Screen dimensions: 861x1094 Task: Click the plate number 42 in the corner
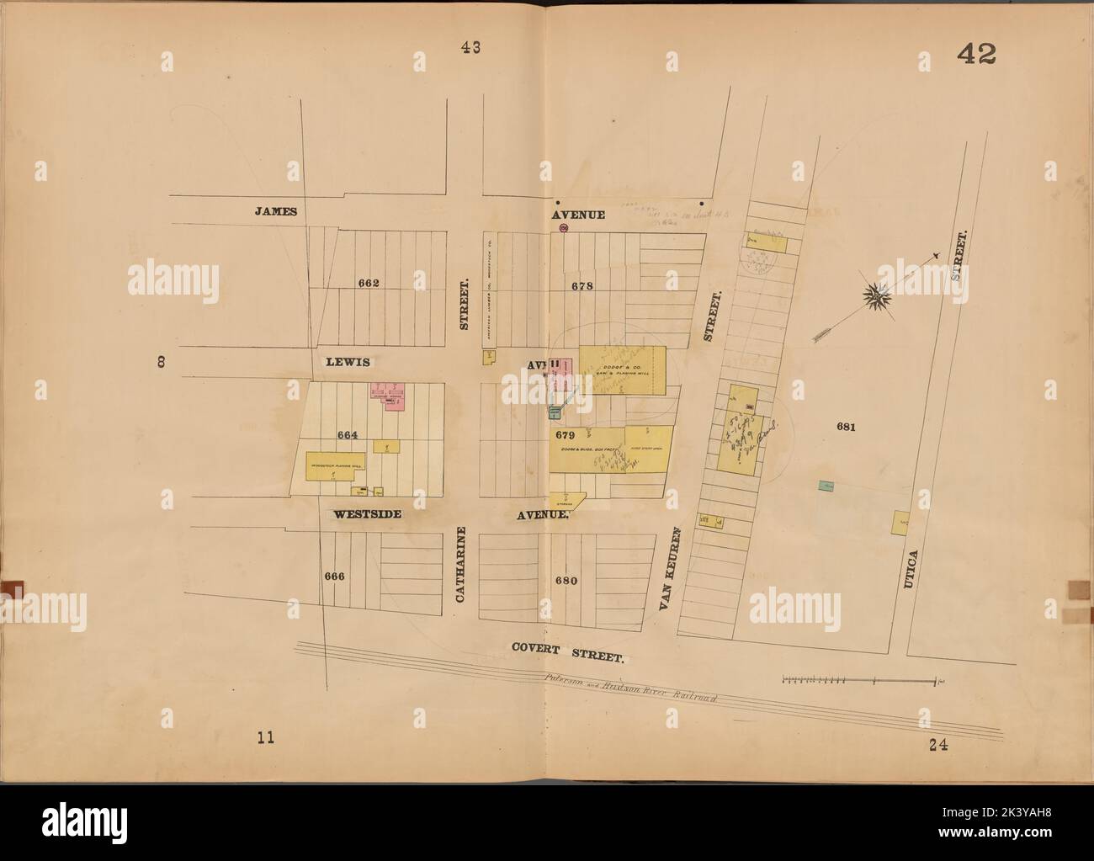click(x=975, y=55)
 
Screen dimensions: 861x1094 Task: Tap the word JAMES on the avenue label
click(x=276, y=211)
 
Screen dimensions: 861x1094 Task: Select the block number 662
click(x=368, y=283)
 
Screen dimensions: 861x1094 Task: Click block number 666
click(x=334, y=577)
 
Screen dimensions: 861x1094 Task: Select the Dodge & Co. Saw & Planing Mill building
click(x=624, y=369)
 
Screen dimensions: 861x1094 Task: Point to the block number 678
click(x=582, y=286)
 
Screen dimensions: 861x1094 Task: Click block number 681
click(x=846, y=428)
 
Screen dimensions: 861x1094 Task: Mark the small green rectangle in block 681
click(x=826, y=486)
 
